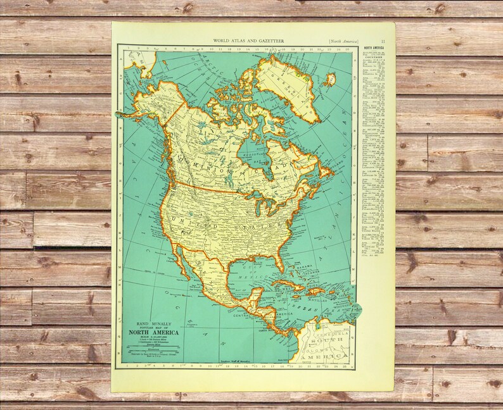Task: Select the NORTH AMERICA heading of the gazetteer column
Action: point(374,49)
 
